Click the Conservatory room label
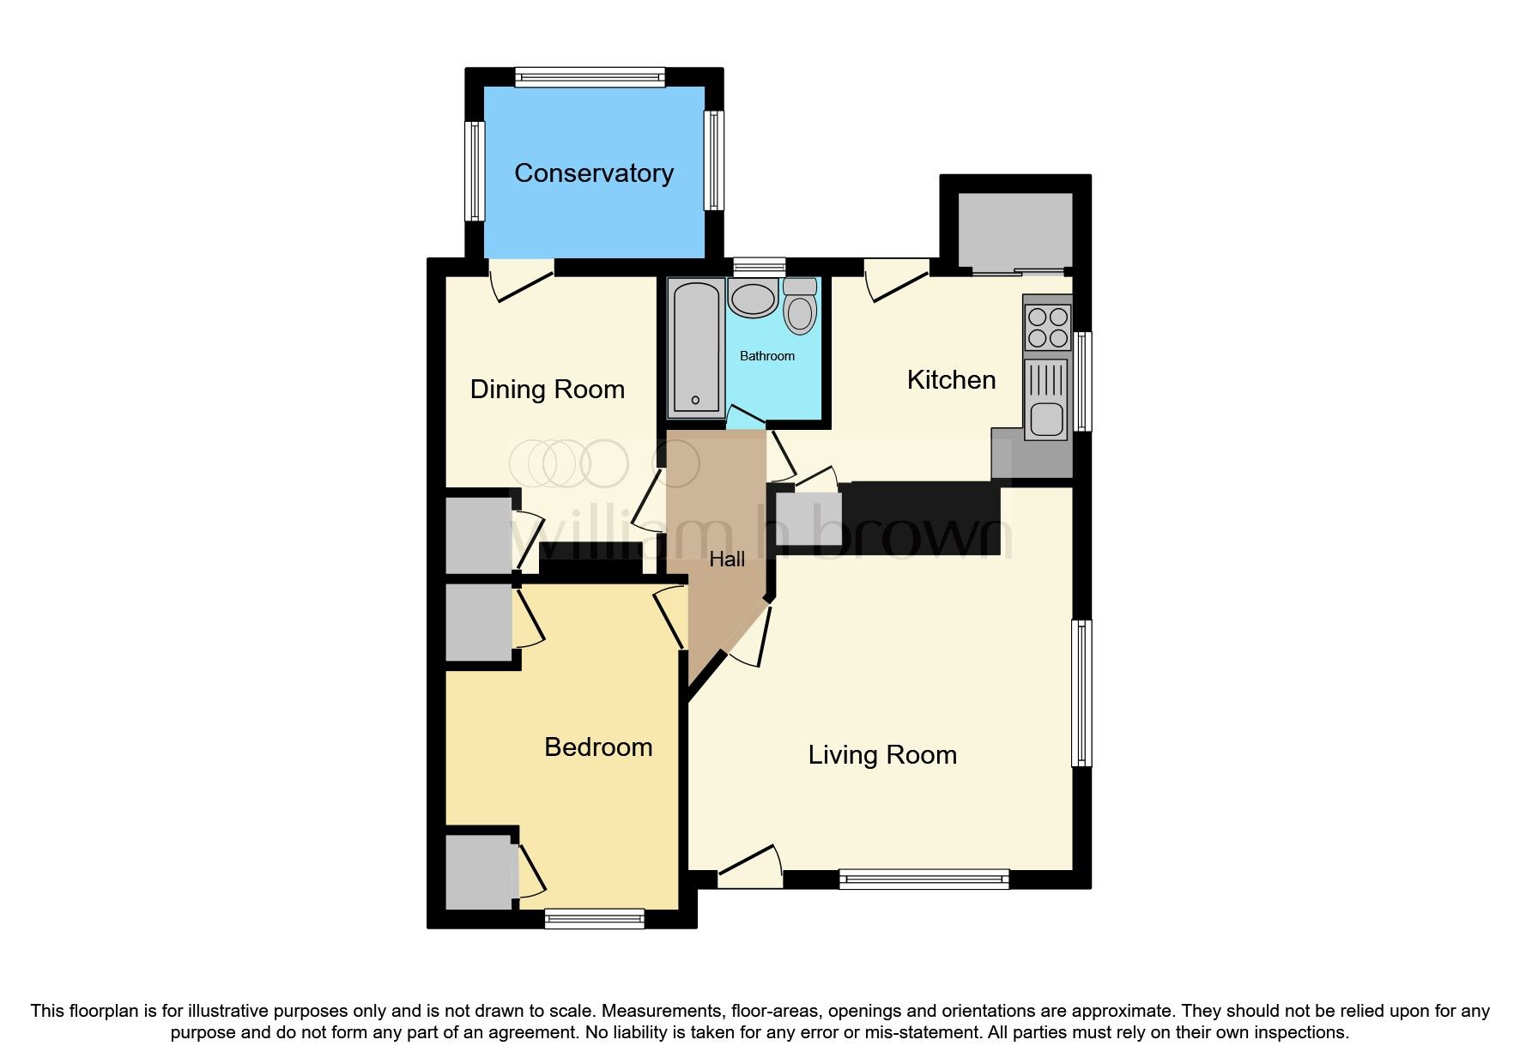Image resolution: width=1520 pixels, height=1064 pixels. pyautogui.click(x=593, y=173)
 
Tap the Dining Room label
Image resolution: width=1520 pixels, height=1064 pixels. pyautogui.click(x=547, y=390)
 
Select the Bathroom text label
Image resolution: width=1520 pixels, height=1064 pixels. pyautogui.click(x=766, y=356)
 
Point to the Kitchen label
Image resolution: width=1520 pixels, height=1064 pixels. pyautogui.click(x=951, y=380)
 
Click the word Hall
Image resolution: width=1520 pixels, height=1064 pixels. pyautogui.click(x=726, y=559)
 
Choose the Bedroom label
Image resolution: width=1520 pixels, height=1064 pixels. pyautogui.click(x=598, y=747)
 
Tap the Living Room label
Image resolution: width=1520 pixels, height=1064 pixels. pyautogui.click(x=881, y=755)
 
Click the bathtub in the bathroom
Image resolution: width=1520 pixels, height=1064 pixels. pyautogui.click(x=695, y=347)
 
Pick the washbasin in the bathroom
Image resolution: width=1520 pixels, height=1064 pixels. pyautogui.click(x=753, y=299)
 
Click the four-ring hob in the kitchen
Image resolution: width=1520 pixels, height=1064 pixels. pyautogui.click(x=1047, y=327)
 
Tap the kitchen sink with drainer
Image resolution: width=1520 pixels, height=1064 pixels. pyautogui.click(x=1046, y=399)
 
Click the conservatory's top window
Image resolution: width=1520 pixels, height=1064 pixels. pyautogui.click(x=590, y=78)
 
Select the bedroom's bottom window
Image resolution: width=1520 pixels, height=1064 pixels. pyautogui.click(x=594, y=919)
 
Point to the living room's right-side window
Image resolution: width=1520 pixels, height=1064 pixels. pyautogui.click(x=1082, y=692)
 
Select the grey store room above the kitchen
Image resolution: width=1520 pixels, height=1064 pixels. pyautogui.click(x=1014, y=231)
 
